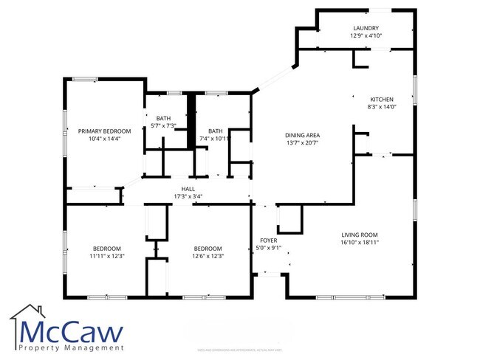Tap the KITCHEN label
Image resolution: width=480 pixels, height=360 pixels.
[x=381, y=100]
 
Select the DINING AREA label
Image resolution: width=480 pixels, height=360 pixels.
[x=302, y=135]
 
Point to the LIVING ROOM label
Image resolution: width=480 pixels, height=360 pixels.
[x=360, y=234]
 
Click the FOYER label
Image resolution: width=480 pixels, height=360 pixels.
[x=268, y=240]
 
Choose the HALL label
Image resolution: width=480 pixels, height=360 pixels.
[x=188, y=189]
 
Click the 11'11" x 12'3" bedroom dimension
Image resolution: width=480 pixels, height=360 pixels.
[x=107, y=256]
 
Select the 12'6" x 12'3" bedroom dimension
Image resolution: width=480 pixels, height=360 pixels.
[x=208, y=256]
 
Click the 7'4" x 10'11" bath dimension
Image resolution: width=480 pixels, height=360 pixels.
[x=216, y=138]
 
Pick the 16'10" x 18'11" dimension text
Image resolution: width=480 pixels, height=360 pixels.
[x=360, y=242]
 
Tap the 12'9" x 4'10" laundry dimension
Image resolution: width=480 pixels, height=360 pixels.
[x=365, y=35]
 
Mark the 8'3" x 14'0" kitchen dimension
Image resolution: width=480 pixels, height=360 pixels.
[x=382, y=108]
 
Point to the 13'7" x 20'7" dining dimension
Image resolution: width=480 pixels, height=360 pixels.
[x=302, y=143]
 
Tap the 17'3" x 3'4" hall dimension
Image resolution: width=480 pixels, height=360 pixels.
[x=188, y=196]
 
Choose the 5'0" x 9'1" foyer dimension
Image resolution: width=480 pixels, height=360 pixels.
[x=268, y=248]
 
